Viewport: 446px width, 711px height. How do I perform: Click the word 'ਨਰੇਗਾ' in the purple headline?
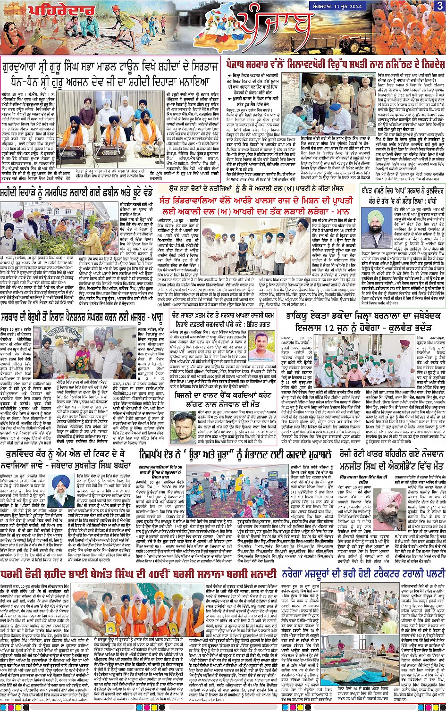[x=295, y=574]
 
